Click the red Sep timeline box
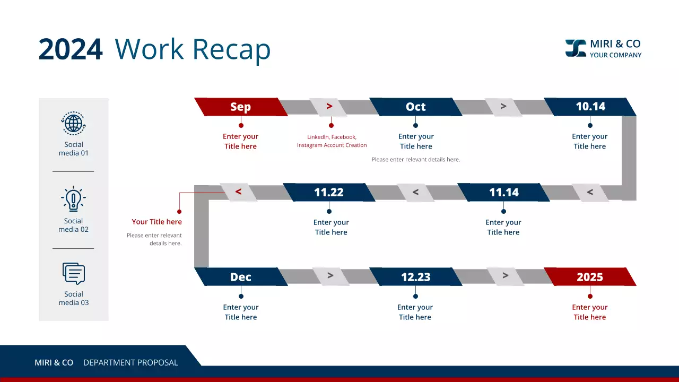click(x=240, y=107)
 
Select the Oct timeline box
click(x=415, y=107)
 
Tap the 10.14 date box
click(x=590, y=107)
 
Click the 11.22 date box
click(x=329, y=192)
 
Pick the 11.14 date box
click(x=503, y=192)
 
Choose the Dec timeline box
click(x=240, y=277)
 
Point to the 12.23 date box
click(x=415, y=277)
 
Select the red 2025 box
click(x=590, y=277)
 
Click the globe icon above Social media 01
click(x=74, y=124)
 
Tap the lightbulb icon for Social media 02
click(x=73, y=199)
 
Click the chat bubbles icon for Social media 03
click(x=74, y=274)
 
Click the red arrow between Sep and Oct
click(x=329, y=107)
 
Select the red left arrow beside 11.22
click(x=238, y=192)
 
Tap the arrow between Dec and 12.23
click(x=330, y=276)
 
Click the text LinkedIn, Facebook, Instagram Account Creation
click(x=332, y=141)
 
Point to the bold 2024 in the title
click(x=71, y=49)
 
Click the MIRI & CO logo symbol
click(x=576, y=48)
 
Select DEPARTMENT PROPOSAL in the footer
click(x=130, y=363)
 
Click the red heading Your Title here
click(x=156, y=222)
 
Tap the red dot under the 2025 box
click(x=590, y=296)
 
